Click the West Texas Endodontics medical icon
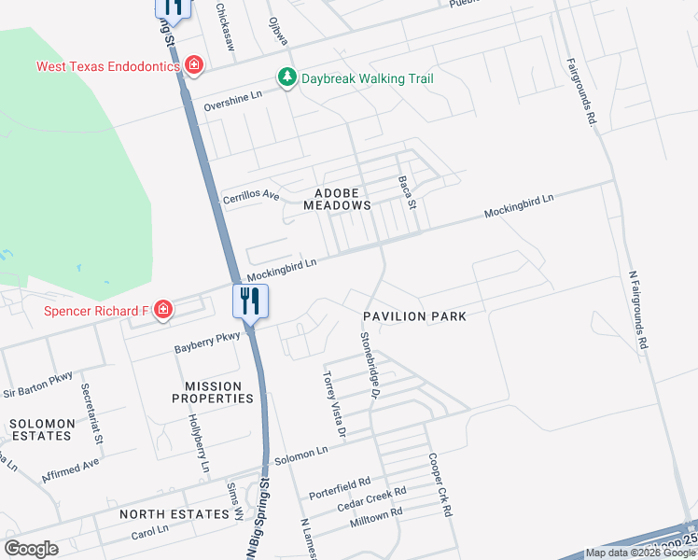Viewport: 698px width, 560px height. coord(194,65)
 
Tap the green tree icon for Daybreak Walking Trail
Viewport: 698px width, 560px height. coord(288,78)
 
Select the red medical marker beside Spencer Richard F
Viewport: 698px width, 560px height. coord(163,309)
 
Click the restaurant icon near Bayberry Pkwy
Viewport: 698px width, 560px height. coord(249,301)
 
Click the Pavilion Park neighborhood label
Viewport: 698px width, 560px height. coord(414,316)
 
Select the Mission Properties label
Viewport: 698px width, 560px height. coord(213,392)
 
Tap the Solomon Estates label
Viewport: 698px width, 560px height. coord(41,429)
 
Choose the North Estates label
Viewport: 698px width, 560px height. coord(174,514)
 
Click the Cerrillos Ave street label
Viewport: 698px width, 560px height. coord(250,197)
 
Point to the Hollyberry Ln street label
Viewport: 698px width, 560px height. coord(199,442)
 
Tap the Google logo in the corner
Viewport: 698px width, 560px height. coord(31,549)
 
